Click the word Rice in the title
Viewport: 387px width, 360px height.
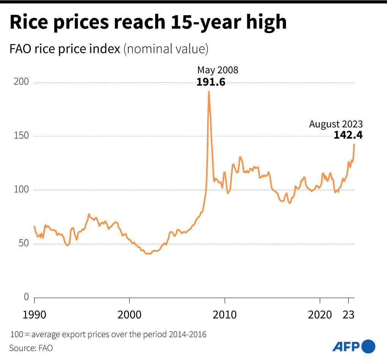click(31, 22)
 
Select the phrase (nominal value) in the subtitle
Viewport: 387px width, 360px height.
click(166, 49)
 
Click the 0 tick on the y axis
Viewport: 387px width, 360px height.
click(26, 297)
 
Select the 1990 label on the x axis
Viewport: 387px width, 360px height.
click(35, 314)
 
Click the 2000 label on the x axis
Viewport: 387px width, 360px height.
click(129, 314)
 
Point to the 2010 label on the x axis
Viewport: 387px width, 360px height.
click(225, 314)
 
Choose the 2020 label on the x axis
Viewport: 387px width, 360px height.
click(320, 314)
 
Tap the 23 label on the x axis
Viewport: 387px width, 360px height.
click(349, 314)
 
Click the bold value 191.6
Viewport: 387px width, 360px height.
click(211, 82)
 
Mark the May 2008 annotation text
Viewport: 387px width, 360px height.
click(217, 70)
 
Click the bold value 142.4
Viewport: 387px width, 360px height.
click(348, 135)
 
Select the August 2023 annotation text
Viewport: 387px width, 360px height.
click(336, 124)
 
